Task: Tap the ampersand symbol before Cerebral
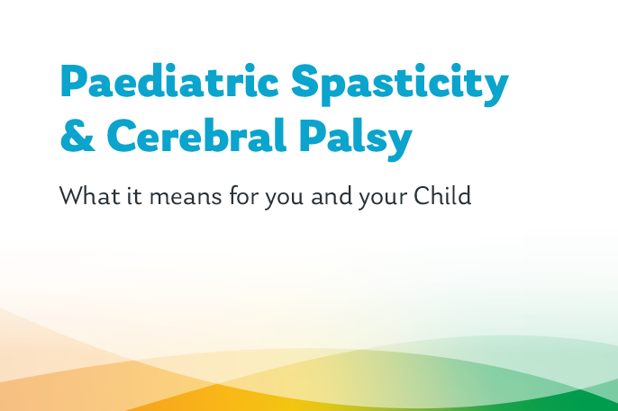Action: (x=76, y=137)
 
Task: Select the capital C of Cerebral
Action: (x=123, y=137)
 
